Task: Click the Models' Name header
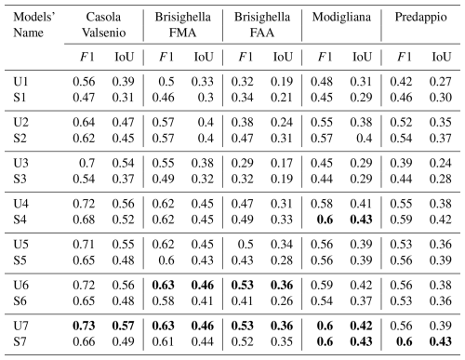[34, 25]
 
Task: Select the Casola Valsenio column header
[103, 25]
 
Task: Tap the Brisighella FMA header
[183, 25]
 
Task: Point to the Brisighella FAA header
[262, 25]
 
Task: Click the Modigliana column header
[341, 17]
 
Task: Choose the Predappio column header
[420, 18]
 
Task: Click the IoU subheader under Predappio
[441, 57]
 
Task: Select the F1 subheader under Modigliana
[325, 57]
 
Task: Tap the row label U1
[20, 82]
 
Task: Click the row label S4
[20, 220]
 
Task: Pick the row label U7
[20, 326]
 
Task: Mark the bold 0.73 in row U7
[84, 326]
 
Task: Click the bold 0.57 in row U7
[123, 326]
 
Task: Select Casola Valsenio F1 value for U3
[86, 163]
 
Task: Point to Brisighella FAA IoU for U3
[282, 163]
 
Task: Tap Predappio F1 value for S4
[401, 220]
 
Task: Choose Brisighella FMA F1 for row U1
[166, 82]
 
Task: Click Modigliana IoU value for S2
[364, 138]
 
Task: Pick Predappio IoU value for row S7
[440, 341]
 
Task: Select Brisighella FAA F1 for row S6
[242, 300]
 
